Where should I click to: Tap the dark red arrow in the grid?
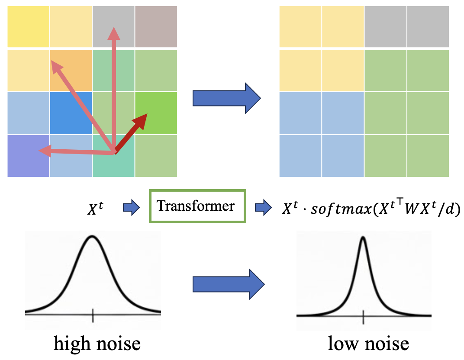click(x=131, y=134)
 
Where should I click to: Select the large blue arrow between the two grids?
click(x=227, y=98)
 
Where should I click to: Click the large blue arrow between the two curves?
click(x=229, y=284)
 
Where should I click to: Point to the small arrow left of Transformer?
click(x=132, y=207)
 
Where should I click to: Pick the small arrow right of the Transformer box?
click(x=263, y=207)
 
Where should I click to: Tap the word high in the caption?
click(x=73, y=344)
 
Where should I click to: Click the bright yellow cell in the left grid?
click(x=29, y=27)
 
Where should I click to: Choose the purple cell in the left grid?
click(x=29, y=156)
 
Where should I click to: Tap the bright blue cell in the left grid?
click(x=71, y=113)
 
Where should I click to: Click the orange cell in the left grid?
click(x=71, y=71)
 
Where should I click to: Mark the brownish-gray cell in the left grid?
click(x=156, y=27)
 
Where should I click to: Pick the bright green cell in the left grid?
click(x=156, y=113)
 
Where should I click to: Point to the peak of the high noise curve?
click(x=92, y=236)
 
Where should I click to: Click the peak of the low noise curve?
click(x=363, y=237)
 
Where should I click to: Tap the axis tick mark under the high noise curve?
click(x=93, y=315)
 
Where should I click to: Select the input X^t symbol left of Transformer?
click(x=95, y=208)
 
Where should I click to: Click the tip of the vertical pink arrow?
click(x=114, y=27)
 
